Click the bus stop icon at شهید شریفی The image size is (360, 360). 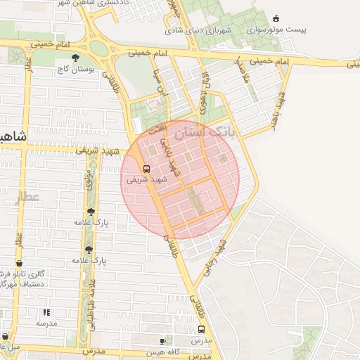pos(147,169)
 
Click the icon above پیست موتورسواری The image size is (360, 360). pos(275,19)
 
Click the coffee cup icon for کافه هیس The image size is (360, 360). pos(163,341)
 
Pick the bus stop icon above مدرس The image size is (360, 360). pos(202,329)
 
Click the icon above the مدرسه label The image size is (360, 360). pos(47,312)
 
